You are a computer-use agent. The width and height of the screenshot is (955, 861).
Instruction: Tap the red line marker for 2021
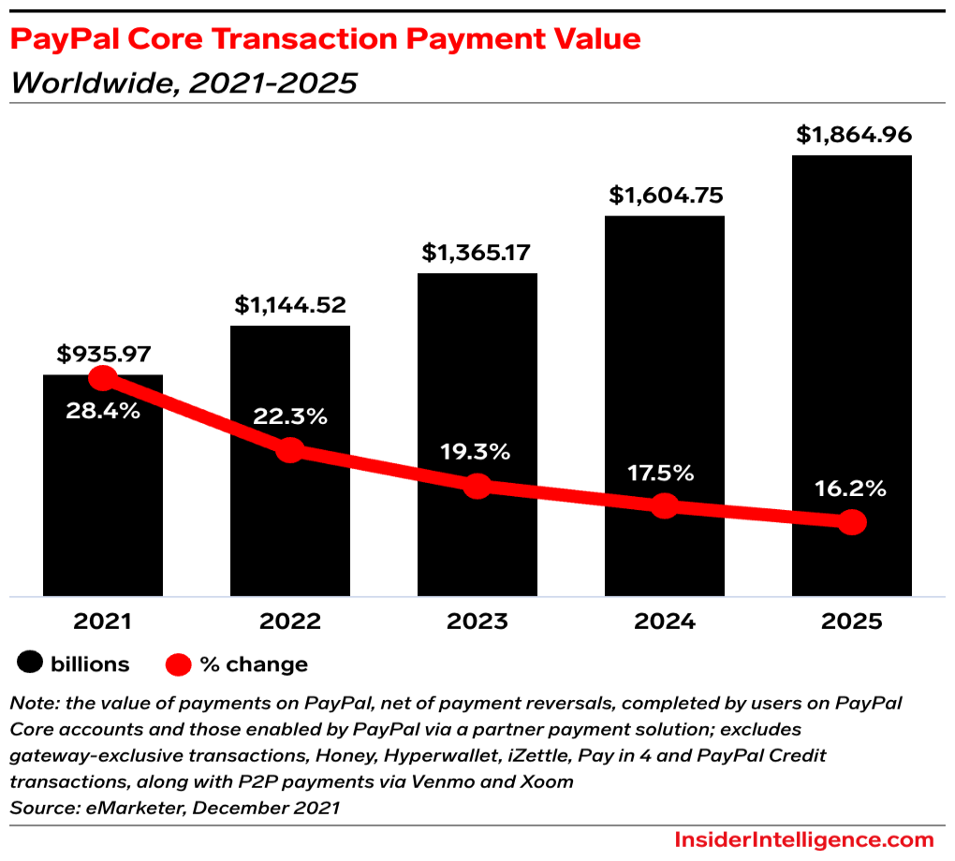click(102, 378)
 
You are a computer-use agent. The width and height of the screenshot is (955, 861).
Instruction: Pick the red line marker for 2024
click(664, 505)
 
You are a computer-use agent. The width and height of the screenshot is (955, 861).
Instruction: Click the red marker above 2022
click(290, 449)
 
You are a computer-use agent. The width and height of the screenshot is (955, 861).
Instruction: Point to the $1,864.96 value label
click(853, 135)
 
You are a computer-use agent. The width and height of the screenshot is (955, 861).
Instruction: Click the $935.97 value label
click(104, 355)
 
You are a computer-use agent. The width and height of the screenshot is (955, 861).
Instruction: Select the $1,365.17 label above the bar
click(477, 253)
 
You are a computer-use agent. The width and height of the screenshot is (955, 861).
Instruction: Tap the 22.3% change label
click(290, 417)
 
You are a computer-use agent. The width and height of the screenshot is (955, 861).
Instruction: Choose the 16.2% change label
click(851, 489)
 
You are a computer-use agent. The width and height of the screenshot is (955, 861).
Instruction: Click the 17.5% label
click(664, 473)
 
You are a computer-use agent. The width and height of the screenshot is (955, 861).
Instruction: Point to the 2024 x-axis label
click(664, 621)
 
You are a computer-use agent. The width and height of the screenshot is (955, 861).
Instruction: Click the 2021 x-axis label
click(103, 621)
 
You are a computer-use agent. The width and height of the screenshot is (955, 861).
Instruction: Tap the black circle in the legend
click(30, 664)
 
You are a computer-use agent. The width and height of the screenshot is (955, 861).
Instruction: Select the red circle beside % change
click(179, 664)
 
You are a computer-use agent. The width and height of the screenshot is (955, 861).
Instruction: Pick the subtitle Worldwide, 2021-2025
click(184, 83)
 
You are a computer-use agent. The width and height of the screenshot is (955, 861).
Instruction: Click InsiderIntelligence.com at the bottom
click(804, 839)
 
